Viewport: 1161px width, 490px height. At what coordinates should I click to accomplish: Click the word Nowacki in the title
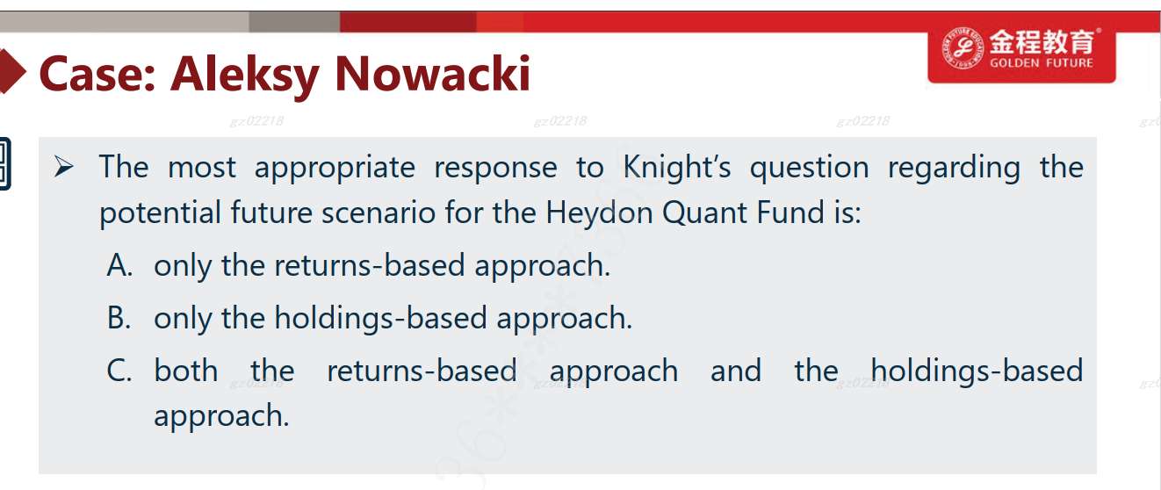433,74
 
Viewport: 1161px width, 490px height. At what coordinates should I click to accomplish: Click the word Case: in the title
97,75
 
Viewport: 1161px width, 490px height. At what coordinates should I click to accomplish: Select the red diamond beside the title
11,71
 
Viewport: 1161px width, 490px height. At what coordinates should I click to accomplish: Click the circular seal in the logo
963,48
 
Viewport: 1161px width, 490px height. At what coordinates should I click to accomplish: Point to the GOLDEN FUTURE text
1042,63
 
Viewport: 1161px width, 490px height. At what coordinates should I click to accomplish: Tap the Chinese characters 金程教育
1042,41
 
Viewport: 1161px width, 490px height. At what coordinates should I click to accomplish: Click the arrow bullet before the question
64,167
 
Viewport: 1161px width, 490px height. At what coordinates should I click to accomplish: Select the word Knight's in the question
676,168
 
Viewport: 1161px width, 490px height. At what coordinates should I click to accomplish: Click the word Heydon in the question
599,213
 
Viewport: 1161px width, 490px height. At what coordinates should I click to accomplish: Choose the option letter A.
119,265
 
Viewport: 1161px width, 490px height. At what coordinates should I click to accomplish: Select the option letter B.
119,317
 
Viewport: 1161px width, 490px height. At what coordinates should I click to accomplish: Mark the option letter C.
119,371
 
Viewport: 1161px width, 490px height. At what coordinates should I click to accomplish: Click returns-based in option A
370,265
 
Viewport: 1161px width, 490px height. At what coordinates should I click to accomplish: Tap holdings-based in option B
381,318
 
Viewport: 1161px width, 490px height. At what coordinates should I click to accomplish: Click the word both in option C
186,371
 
